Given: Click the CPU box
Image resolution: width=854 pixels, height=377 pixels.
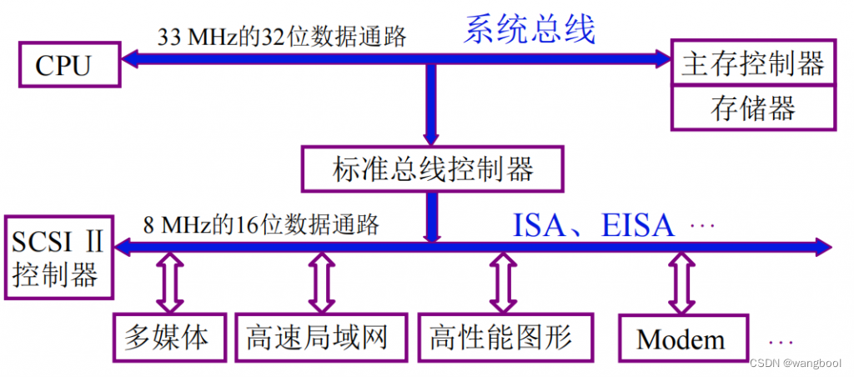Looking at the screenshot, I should (x=63, y=66).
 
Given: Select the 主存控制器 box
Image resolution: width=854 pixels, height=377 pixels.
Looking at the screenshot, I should (x=752, y=64).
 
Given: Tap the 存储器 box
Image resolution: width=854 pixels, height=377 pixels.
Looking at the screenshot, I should (x=752, y=108).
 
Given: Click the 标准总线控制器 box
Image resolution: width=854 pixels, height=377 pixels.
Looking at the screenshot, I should (x=432, y=169).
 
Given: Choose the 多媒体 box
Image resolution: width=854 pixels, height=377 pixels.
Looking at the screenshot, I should (x=171, y=338).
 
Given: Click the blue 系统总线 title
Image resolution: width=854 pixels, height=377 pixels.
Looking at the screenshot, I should (x=530, y=30).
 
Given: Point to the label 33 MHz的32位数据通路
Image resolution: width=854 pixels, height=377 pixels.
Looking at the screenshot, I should (x=282, y=38).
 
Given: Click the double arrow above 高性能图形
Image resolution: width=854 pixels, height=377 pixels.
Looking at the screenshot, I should (x=501, y=284).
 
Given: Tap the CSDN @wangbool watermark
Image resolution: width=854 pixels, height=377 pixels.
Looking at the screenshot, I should (x=795, y=364).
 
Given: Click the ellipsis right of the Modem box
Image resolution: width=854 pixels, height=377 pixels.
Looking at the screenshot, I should (x=781, y=343).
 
